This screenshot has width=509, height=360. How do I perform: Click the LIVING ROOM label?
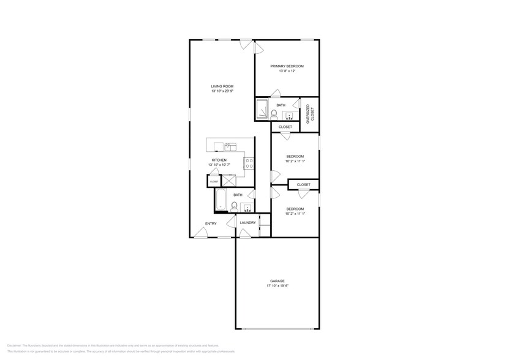[222, 86]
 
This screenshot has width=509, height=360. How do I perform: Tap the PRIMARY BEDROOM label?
[287, 66]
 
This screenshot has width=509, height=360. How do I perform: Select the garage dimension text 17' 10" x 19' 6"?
[277, 286]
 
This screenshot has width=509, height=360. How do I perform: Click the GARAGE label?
[277, 281]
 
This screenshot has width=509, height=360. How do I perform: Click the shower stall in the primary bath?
[263, 110]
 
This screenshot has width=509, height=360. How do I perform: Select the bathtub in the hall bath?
[221, 201]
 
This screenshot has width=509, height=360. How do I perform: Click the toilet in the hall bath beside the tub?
[234, 206]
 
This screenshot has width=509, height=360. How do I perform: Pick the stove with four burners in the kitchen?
[249, 163]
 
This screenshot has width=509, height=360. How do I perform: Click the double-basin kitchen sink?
[230, 146]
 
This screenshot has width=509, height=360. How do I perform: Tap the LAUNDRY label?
[247, 223]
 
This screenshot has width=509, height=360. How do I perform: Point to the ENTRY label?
[210, 223]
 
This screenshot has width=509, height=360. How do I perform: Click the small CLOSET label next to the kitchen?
[214, 182]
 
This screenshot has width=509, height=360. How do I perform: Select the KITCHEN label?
[219, 160]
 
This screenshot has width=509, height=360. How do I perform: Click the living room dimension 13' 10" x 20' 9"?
[222, 91]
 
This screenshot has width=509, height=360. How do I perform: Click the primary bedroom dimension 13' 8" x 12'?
[287, 71]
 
